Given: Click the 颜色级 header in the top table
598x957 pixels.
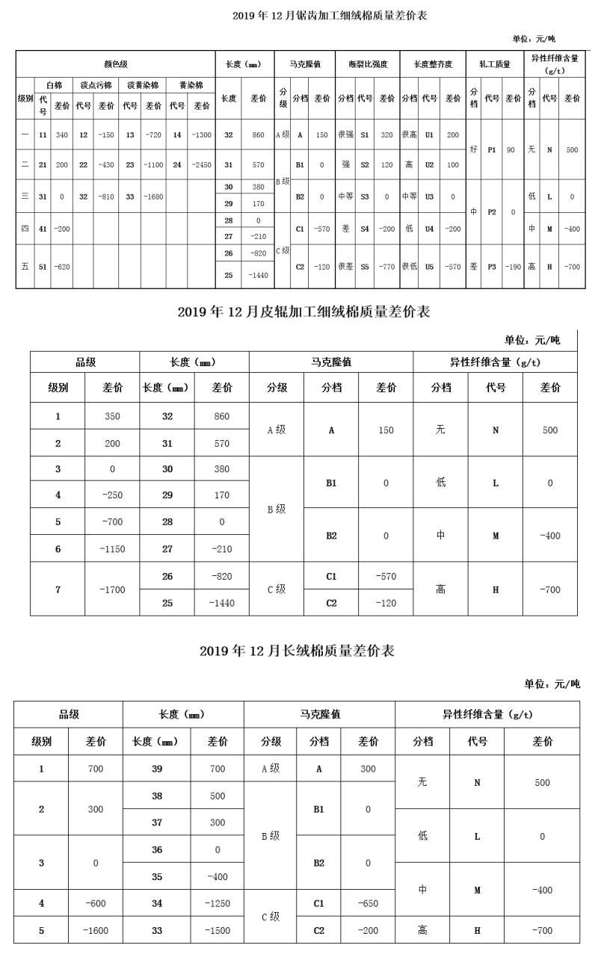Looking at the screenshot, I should tap(115, 64).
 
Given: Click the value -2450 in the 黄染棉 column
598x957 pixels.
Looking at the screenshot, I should tap(202, 164).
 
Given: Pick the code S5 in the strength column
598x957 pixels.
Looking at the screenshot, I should tap(365, 266).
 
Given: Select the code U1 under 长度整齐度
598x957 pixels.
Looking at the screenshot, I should tap(429, 135).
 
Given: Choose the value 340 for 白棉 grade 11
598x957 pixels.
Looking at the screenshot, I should tap(61, 135).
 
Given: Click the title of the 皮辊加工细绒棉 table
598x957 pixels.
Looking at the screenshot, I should tap(303, 312).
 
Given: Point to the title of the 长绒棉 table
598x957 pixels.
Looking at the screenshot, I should tap(297, 651).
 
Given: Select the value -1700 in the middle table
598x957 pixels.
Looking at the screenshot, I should tap(112, 589).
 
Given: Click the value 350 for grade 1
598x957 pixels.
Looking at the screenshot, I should tap(112, 416).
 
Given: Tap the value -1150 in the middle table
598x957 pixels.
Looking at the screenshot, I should tap(112, 549).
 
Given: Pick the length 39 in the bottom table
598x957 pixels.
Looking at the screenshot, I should tap(157, 769).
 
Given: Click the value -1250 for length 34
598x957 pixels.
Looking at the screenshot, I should tap(217, 903).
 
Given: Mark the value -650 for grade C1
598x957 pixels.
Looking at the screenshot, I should tap(368, 903).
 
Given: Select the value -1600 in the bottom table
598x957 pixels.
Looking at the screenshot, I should tap(96, 930).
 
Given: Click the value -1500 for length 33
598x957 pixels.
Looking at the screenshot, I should tap(217, 930).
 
